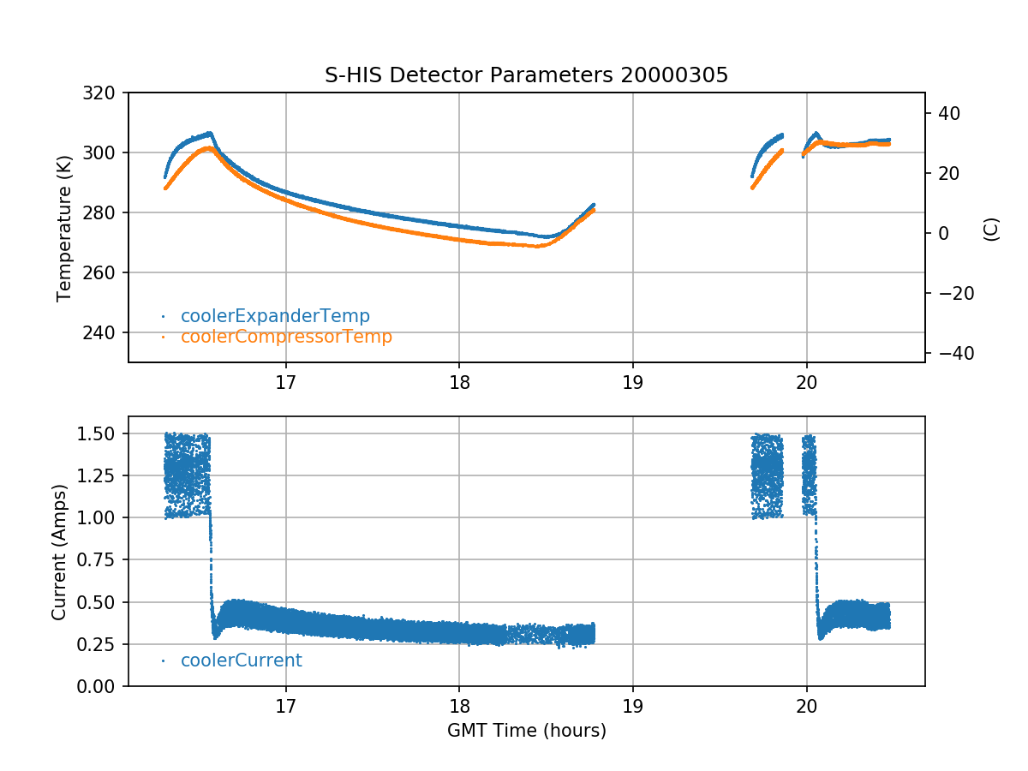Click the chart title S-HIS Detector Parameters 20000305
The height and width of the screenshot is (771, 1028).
pos(526,75)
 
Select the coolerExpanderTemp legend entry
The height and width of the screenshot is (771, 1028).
pos(275,316)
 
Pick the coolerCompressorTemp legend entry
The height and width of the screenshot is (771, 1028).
pos(286,337)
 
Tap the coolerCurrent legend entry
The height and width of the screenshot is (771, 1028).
pos(241,660)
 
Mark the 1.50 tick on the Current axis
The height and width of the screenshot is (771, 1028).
pos(102,434)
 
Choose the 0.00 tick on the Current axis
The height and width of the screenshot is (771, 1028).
pos(102,686)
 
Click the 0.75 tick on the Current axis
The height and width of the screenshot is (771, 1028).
pos(102,560)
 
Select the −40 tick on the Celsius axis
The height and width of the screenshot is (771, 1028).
pos(947,354)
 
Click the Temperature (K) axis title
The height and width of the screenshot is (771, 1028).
pos(63,227)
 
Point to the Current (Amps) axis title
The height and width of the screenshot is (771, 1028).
pos(59,551)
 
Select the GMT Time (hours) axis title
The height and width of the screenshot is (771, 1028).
pos(526,731)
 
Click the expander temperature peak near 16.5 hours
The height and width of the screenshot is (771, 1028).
pos(210,133)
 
